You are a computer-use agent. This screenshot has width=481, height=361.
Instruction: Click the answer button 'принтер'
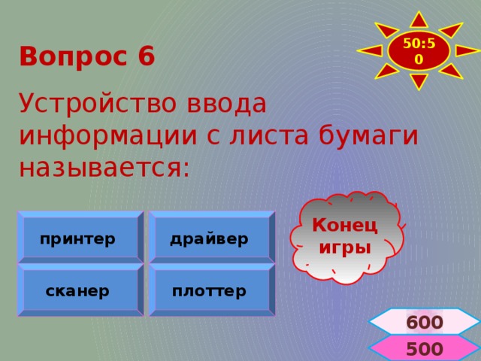click(80, 239)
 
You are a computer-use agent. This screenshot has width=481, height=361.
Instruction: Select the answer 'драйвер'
click(210, 239)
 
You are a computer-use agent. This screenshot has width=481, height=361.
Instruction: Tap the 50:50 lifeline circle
click(419, 50)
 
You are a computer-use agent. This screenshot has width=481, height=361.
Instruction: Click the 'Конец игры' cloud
click(345, 236)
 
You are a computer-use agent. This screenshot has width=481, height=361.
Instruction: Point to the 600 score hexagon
click(424, 322)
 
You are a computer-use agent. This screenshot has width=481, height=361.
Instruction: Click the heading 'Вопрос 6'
click(87, 57)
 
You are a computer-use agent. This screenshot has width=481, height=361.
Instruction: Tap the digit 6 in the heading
click(147, 57)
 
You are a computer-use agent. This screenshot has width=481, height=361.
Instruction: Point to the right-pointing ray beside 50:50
click(467, 50)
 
